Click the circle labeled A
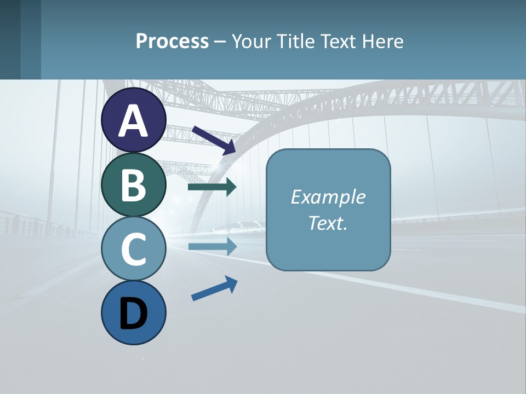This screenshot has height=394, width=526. click(133, 120)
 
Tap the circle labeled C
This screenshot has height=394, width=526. click(133, 249)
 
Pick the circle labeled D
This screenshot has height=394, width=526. click(133, 312)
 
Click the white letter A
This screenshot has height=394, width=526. click(133, 121)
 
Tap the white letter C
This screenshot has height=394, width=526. click(133, 250)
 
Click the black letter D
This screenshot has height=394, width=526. click(133, 314)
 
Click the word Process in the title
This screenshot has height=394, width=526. click(172, 41)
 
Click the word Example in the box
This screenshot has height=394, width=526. click(328, 197)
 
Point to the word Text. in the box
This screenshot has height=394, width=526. click(328, 223)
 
